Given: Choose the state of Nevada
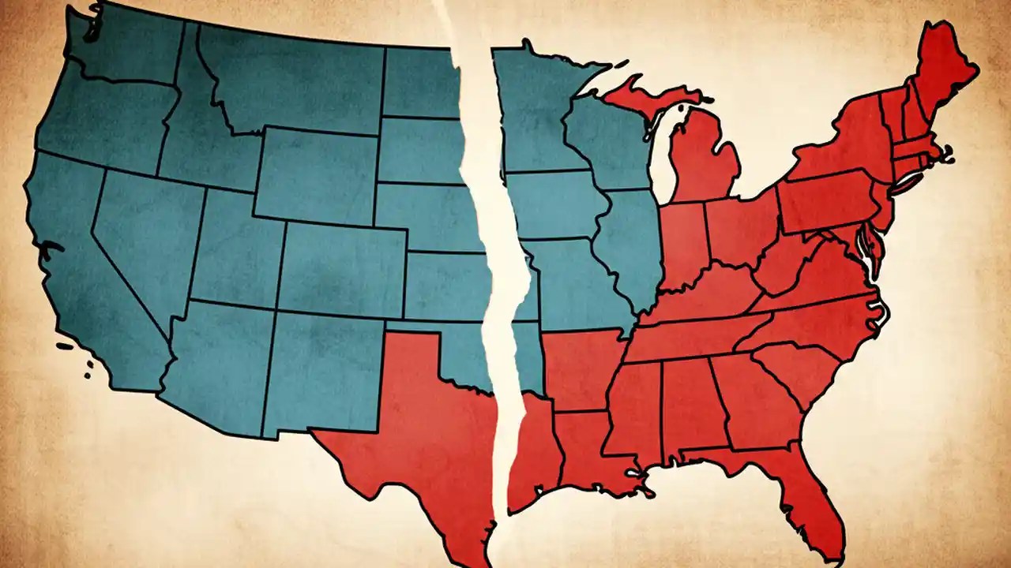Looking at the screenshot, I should click(138, 237).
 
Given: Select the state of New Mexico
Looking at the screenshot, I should click(320, 371).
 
